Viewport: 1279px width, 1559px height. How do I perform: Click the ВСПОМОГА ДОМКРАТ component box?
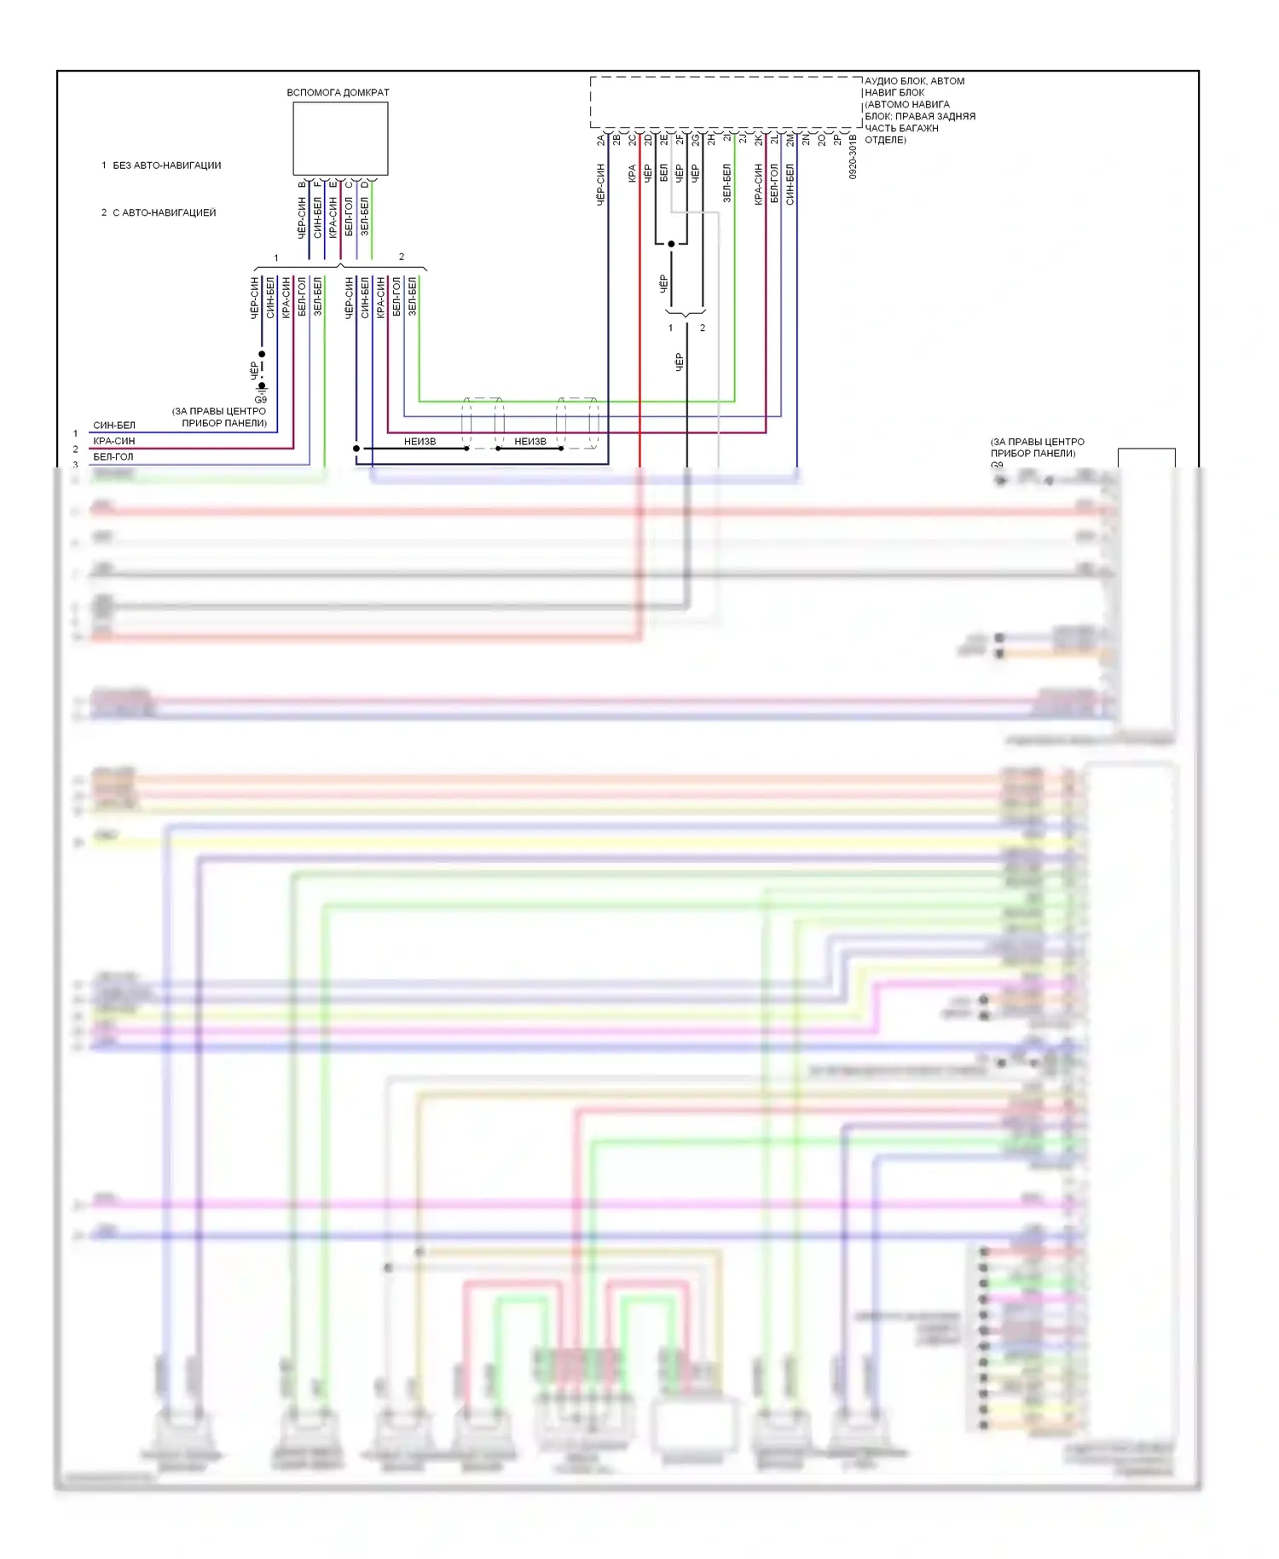tap(340, 138)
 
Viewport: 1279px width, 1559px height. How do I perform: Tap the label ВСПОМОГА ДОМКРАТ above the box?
tap(338, 92)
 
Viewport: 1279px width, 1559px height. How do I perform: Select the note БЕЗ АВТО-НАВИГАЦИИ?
tap(166, 165)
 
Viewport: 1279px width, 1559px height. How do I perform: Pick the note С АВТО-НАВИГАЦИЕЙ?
tap(164, 212)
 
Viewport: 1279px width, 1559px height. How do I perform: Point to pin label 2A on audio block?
tap(600, 139)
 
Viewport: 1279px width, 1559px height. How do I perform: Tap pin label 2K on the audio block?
tap(758, 139)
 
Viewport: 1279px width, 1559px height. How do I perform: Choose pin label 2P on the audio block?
tap(837, 139)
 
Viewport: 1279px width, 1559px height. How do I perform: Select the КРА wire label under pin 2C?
tap(632, 173)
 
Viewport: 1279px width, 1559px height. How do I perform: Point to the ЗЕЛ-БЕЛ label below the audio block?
tap(726, 183)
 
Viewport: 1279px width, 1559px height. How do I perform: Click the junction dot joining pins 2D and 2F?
tap(672, 244)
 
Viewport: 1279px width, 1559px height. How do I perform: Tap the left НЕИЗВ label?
tap(420, 442)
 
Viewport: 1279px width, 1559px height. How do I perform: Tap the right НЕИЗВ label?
tap(530, 442)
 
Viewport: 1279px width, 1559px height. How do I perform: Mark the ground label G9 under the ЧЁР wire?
tap(260, 399)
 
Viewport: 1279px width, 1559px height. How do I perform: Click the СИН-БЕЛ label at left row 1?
tap(114, 426)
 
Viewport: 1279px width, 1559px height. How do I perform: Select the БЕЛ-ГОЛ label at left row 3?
tap(113, 457)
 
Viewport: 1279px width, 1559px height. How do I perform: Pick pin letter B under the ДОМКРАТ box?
tap(302, 184)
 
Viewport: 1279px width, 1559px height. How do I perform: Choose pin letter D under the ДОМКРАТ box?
tap(365, 184)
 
